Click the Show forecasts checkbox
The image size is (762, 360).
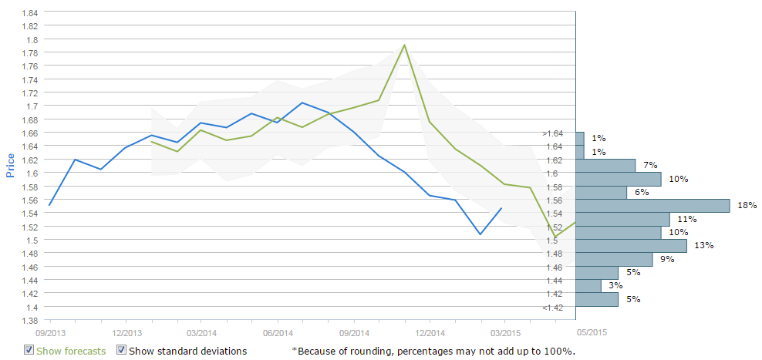click(29, 351)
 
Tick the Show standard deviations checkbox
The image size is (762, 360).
click(121, 351)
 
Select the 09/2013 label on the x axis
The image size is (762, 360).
click(50, 333)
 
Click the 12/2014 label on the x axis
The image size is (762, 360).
click(429, 333)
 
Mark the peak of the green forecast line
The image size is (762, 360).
click(404, 45)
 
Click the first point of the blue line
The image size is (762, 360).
click(49, 205)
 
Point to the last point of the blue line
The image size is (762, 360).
click(502, 207)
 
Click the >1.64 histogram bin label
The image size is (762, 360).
click(552, 133)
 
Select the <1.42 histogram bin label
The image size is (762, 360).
click(552, 308)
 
